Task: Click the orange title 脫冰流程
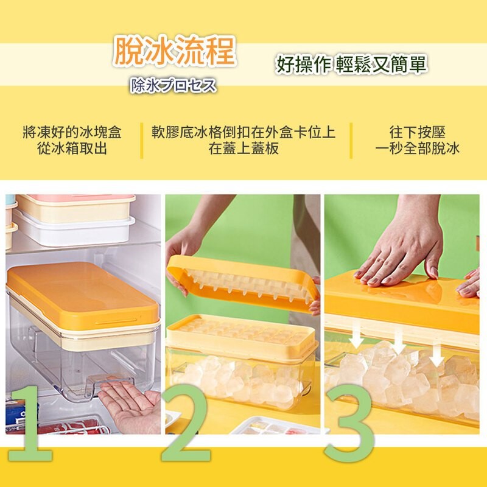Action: click(x=173, y=51)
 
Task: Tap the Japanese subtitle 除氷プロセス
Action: click(x=173, y=85)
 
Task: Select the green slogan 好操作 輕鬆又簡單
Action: click(x=351, y=65)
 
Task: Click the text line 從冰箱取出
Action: click(x=72, y=148)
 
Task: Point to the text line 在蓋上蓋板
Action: click(x=243, y=148)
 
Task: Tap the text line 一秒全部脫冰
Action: click(x=417, y=148)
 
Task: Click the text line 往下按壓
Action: click(x=417, y=132)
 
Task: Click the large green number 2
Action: click(x=185, y=423)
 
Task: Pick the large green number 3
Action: click(x=349, y=424)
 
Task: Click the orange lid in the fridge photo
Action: click(x=83, y=295)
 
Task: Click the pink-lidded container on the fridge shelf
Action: click(x=75, y=208)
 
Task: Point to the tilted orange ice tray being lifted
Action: click(x=242, y=283)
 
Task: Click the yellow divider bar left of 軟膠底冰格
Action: click(x=142, y=141)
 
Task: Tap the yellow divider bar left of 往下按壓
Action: click(x=351, y=141)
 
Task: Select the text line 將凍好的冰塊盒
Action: click(x=72, y=132)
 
